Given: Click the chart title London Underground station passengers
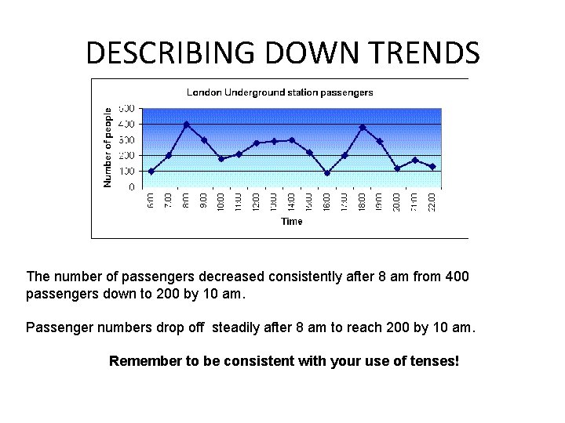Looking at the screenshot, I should pyautogui.click(x=279, y=92).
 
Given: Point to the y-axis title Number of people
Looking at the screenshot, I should pyautogui.click(x=108, y=147).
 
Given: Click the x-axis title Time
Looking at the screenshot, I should pyautogui.click(x=291, y=221).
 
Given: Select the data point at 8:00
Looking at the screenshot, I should pyautogui.click(x=187, y=124).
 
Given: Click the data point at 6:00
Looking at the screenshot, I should pyautogui.click(x=151, y=171).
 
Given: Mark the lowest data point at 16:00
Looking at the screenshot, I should pyautogui.click(x=326, y=173).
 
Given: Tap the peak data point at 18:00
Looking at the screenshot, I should pyautogui.click(x=362, y=127).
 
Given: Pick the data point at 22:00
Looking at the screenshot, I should pyautogui.click(x=432, y=166).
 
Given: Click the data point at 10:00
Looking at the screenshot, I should pyautogui.click(x=221, y=159).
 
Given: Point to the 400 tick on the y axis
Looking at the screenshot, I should pyautogui.click(x=126, y=124).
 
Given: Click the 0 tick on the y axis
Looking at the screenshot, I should pyautogui.click(x=131, y=187).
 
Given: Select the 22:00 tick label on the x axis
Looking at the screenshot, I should pyautogui.click(x=432, y=201).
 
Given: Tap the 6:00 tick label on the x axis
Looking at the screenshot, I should pyautogui.click(x=151, y=201).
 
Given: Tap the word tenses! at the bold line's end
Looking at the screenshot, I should pyautogui.click(x=434, y=361).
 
